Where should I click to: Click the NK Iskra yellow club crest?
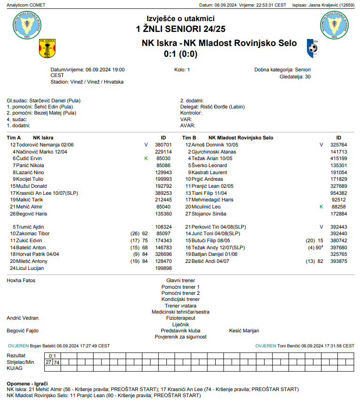click(x=47, y=48)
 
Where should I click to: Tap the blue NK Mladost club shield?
click(x=313, y=48)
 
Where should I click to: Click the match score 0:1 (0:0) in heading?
click(x=180, y=54)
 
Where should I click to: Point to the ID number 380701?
click(x=163, y=145)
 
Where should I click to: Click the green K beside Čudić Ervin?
click(x=146, y=159)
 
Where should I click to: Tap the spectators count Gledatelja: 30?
click(x=295, y=77)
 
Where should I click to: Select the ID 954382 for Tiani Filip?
click(x=338, y=193)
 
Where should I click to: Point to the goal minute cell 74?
click(x=57, y=362)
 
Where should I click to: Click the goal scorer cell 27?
click(x=48, y=362)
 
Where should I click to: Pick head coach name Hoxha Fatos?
click(x=21, y=281)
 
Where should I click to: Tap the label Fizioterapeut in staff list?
click(x=180, y=318)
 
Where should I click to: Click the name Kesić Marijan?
click(x=244, y=331)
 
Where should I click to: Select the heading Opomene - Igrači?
click(x=27, y=384)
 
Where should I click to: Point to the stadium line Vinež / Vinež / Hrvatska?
click(x=87, y=82)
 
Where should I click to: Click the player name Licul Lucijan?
click(x=30, y=269)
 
